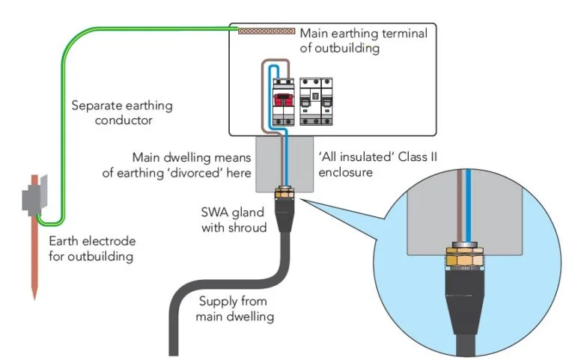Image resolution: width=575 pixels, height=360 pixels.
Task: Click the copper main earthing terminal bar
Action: [267, 31]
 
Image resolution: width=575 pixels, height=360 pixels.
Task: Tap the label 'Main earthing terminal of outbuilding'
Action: [363, 40]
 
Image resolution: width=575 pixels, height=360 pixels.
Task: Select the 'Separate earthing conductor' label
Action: [121, 112]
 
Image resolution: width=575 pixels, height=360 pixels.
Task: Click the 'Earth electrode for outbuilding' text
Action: [91, 249]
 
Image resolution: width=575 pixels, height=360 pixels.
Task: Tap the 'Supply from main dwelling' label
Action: [237, 308]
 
